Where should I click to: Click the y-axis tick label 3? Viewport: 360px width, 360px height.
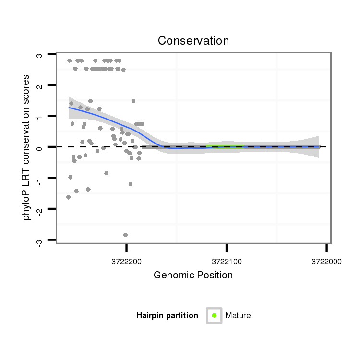40,55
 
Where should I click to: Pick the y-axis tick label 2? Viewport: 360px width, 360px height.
40,86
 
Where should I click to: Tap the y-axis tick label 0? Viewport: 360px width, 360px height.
40,147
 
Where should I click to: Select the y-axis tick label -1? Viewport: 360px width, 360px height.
40,178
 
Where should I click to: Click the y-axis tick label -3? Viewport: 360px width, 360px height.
40,240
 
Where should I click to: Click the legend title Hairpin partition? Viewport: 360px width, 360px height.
167,316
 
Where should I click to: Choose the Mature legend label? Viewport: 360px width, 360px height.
238,316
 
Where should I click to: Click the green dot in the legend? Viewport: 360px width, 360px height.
214,315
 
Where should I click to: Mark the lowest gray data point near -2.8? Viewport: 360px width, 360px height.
126,235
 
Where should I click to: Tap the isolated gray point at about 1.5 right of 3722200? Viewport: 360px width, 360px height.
133,101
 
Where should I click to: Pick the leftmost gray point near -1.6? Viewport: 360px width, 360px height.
68,197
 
